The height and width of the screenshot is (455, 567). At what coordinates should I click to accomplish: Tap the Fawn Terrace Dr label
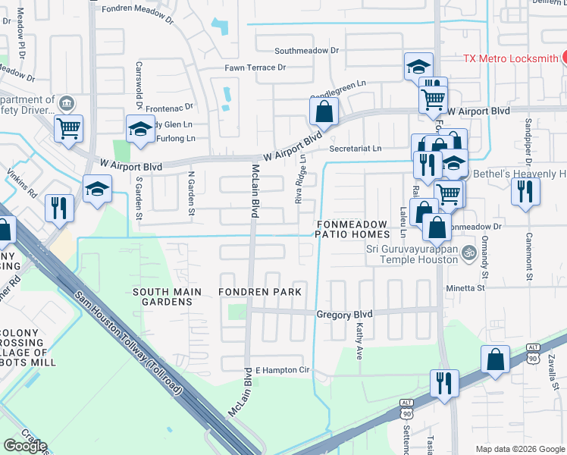click(255, 67)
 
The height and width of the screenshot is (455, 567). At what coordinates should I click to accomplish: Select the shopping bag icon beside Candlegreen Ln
click(324, 111)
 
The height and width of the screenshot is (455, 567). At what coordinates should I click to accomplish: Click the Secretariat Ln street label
click(355, 149)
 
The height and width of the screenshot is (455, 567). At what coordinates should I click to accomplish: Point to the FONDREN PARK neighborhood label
click(260, 292)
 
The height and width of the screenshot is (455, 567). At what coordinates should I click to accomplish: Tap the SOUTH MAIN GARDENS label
click(167, 297)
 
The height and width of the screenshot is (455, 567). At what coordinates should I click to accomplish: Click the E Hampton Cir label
click(283, 370)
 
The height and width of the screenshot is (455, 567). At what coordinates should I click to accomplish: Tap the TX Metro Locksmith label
click(510, 58)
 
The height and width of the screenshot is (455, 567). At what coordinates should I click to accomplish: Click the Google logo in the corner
click(25, 446)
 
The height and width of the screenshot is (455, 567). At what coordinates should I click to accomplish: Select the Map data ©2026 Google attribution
click(519, 449)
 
